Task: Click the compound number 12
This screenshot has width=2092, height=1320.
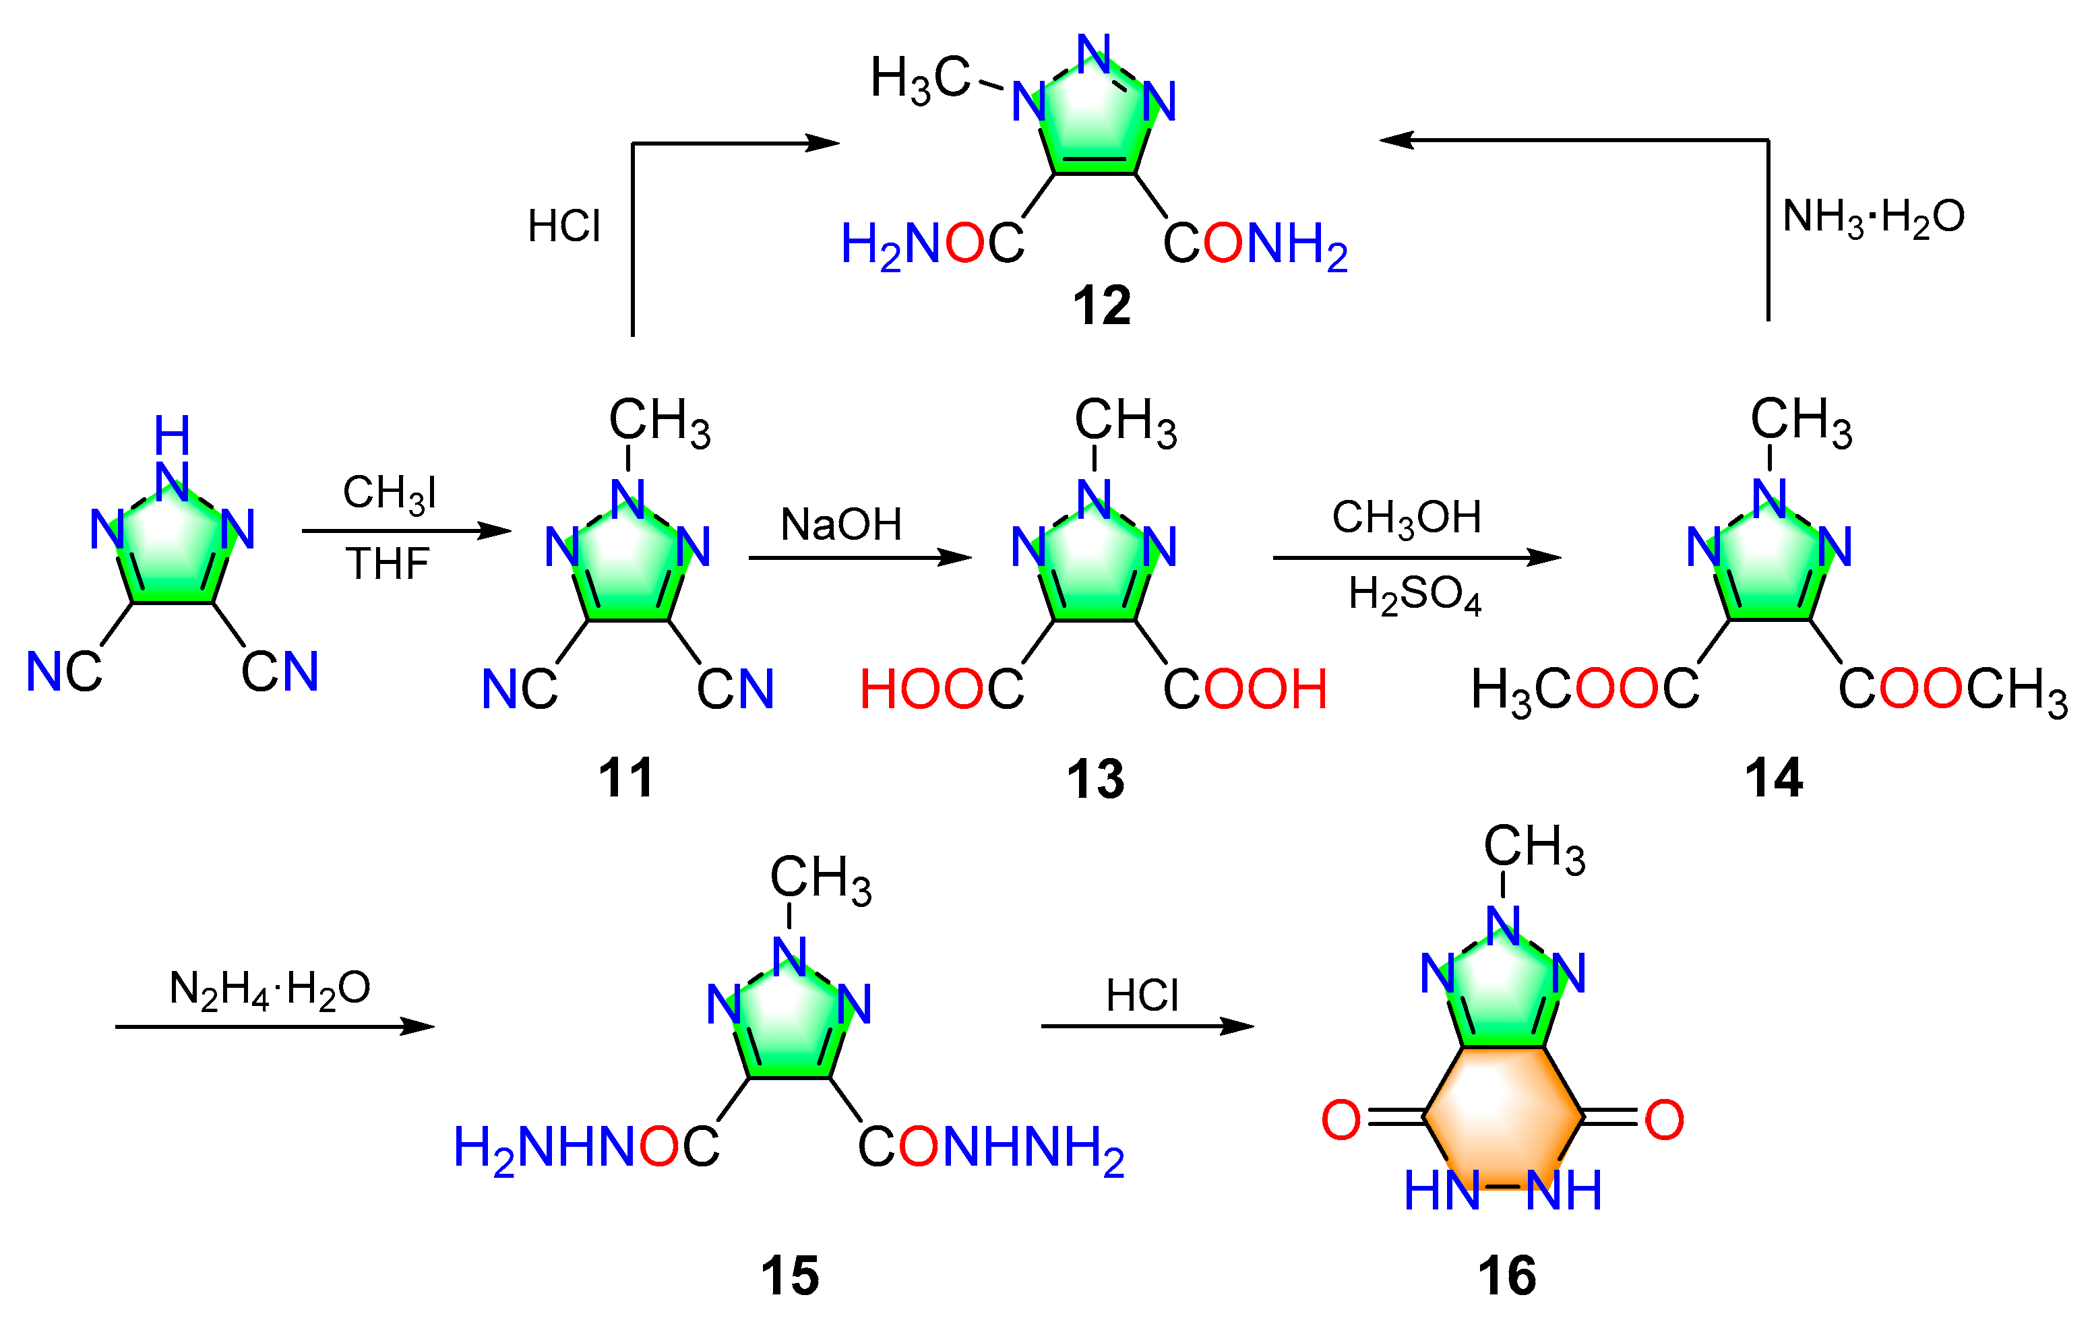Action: [x=1101, y=306]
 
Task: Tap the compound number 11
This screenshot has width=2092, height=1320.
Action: [x=625, y=777]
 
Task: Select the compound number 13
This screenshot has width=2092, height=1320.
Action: [x=1095, y=779]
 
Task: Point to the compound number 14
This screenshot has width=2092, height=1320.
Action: [x=1773, y=777]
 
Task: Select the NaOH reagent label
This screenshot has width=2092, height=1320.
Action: [x=841, y=524]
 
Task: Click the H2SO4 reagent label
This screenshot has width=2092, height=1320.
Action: [x=1415, y=596]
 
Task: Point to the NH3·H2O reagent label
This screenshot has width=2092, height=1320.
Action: [x=1873, y=216]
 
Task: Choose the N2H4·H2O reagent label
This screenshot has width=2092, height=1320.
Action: [x=270, y=989]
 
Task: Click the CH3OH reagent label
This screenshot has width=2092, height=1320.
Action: [x=1407, y=517]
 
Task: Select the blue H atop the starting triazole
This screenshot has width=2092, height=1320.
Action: [x=172, y=435]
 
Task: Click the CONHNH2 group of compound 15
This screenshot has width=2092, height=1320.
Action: [x=991, y=1148]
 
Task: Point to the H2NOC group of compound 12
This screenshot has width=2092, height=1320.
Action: [x=932, y=245]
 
